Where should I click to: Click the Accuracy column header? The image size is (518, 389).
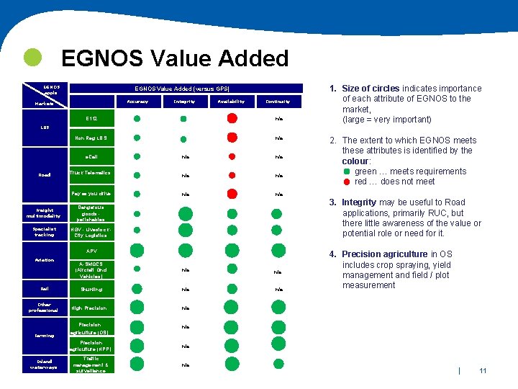coord(137,102)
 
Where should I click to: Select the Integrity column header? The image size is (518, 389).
coord(184,102)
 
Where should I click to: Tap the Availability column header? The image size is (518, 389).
coord(232,102)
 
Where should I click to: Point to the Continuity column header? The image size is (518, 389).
coord(278,102)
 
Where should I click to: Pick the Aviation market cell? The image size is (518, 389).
coord(44,260)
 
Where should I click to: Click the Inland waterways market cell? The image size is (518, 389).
coord(44,364)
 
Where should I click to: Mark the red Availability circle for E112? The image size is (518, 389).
coord(232,118)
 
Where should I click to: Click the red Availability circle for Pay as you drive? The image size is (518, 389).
coord(232,193)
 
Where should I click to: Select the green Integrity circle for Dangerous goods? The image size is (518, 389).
coord(185,213)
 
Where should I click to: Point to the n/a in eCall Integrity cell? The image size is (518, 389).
coord(185,156)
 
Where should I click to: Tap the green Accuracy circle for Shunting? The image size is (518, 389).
coord(137,289)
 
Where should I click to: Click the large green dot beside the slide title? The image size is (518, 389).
coord(32,57)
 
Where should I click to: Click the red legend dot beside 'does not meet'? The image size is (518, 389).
coord(347,182)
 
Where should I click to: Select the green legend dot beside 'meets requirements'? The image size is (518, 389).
coord(347,171)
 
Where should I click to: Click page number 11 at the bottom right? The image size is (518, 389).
coord(483,371)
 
